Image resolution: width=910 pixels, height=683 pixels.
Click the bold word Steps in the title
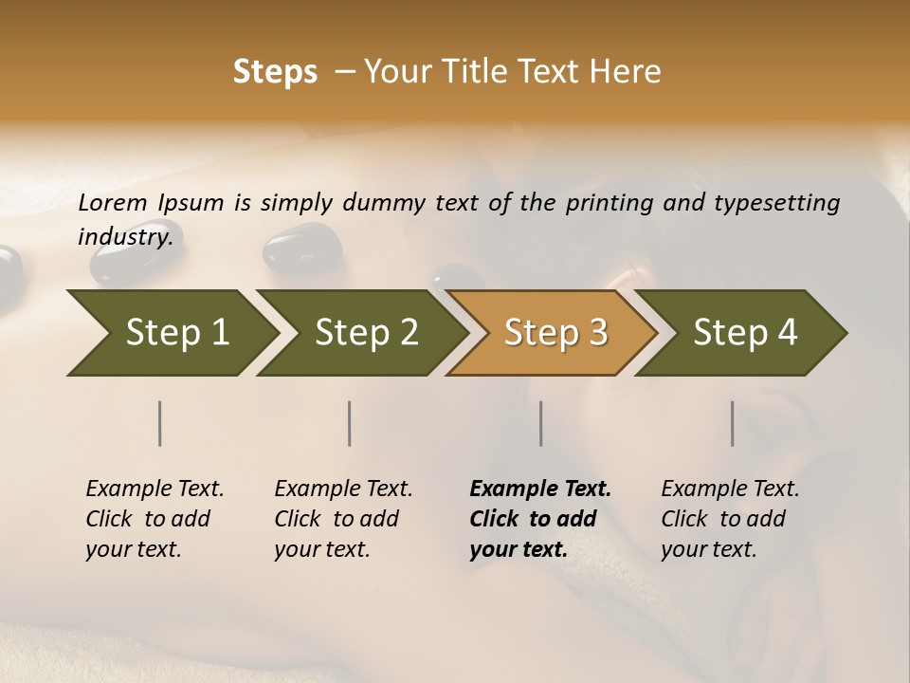click(x=275, y=72)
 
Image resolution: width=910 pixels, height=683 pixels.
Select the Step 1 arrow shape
click(x=171, y=332)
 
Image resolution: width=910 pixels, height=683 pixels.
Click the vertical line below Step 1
click(x=160, y=423)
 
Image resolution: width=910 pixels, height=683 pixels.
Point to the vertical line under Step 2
click(x=350, y=423)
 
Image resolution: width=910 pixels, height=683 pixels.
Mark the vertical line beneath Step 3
click(x=541, y=423)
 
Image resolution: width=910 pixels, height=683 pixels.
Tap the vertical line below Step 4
click(x=733, y=423)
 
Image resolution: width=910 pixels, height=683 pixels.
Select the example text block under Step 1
click(x=155, y=519)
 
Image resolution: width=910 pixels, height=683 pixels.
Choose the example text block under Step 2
click(x=343, y=519)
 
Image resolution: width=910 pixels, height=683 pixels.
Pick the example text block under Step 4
click(x=730, y=519)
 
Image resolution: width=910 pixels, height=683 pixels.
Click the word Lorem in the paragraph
click(x=113, y=202)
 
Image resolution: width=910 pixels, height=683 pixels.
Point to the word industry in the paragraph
click(x=124, y=236)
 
